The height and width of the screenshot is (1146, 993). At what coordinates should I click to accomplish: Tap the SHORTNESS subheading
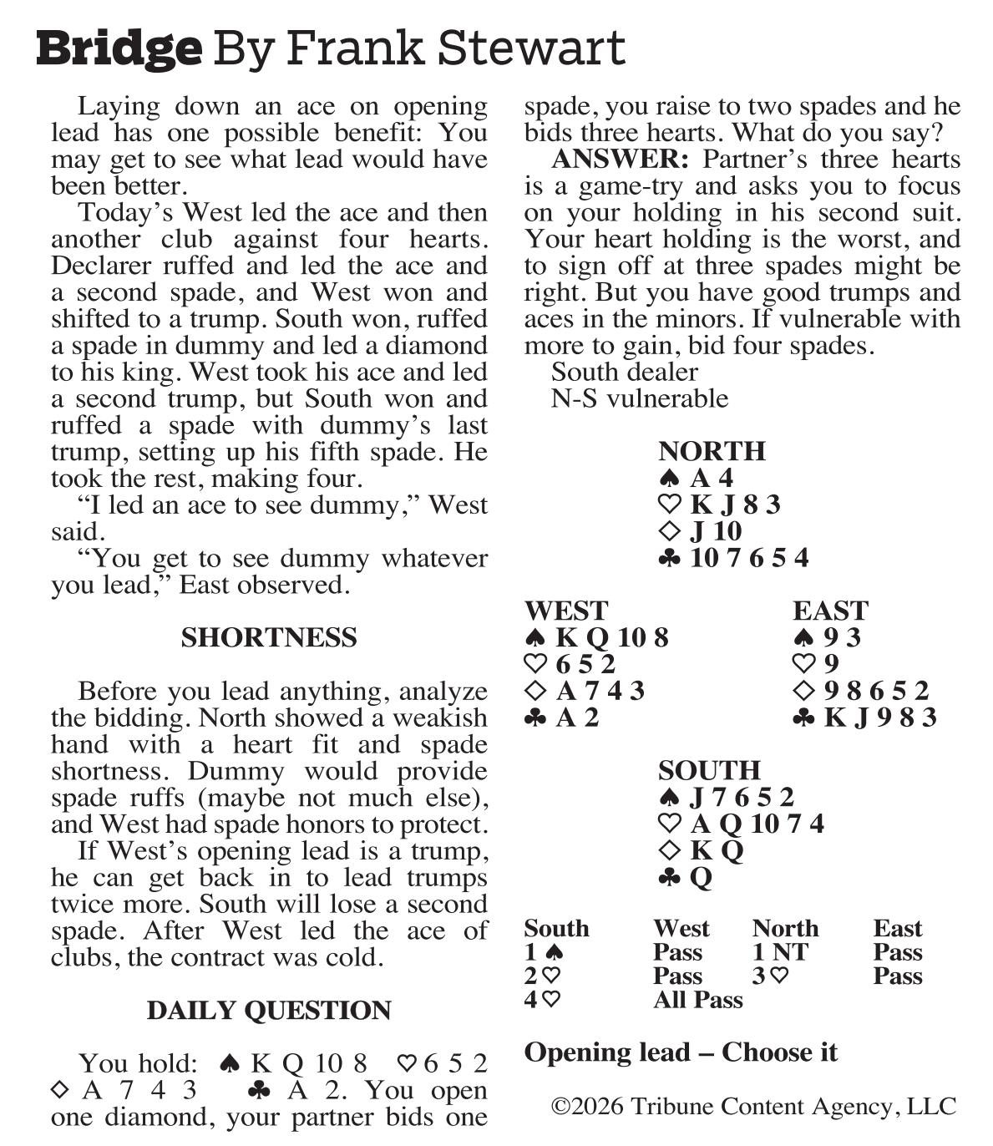pos(269,638)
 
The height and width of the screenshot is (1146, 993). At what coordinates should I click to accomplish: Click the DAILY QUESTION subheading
pos(269,1011)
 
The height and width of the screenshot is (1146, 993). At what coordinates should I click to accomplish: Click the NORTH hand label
pos(712,451)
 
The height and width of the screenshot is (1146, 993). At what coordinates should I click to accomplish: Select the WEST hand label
pos(566,611)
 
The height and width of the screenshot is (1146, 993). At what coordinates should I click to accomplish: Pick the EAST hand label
pos(830,611)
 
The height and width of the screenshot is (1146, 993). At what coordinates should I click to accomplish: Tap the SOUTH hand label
pos(709,770)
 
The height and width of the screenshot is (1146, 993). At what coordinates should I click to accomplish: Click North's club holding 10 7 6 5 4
pos(748,558)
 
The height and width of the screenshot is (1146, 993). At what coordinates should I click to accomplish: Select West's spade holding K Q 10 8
pos(611,638)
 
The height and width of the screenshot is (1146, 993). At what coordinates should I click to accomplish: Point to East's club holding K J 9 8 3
pos(879,718)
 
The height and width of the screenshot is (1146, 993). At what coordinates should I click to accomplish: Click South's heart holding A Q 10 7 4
pos(756,824)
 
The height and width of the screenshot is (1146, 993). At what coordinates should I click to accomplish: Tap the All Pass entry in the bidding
pos(698,1000)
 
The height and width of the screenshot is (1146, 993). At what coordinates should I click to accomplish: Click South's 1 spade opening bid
pos(544,952)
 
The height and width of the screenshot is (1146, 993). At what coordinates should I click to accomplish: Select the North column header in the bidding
pos(785,929)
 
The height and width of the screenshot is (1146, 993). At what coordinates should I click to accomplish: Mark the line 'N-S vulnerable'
pos(640,398)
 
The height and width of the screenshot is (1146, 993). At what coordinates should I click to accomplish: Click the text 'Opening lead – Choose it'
pos(680,1052)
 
